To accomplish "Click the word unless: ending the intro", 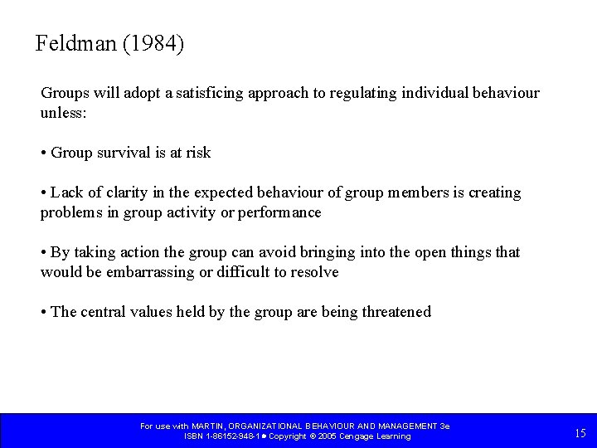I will click(x=63, y=113).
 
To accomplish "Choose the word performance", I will click(x=280, y=212).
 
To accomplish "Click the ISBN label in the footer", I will click(x=192, y=436).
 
